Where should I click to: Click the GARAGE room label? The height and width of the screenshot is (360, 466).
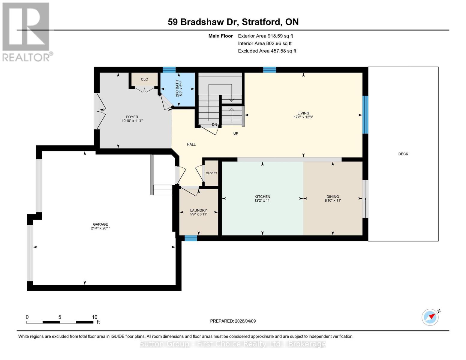(x=100, y=224)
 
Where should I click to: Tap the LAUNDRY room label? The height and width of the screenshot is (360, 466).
(x=198, y=210)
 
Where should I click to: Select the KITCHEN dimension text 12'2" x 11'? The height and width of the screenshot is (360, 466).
(x=262, y=200)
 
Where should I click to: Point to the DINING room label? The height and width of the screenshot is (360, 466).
(x=332, y=196)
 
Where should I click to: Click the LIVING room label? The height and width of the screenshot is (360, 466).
(x=303, y=113)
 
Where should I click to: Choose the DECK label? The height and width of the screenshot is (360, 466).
(x=403, y=154)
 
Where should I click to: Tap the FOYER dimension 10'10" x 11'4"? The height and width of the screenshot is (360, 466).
(x=132, y=121)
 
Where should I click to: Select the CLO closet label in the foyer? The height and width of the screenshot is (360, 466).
(x=144, y=79)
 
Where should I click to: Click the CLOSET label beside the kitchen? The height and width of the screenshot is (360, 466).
(x=211, y=173)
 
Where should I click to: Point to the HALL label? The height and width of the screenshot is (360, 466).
(x=191, y=144)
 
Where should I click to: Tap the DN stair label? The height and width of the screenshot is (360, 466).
(x=214, y=124)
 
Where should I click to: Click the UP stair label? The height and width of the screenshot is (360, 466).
(x=236, y=133)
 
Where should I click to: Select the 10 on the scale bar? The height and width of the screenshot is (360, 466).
(x=95, y=317)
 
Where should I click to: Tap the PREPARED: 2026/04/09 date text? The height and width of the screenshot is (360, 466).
(x=233, y=321)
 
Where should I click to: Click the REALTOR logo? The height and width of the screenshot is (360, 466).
(x=26, y=31)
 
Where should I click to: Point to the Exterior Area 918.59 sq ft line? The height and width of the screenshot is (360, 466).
(x=265, y=36)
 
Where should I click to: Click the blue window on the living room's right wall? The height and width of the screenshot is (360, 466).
(x=365, y=115)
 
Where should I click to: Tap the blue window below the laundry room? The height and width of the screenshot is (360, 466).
(x=191, y=238)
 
